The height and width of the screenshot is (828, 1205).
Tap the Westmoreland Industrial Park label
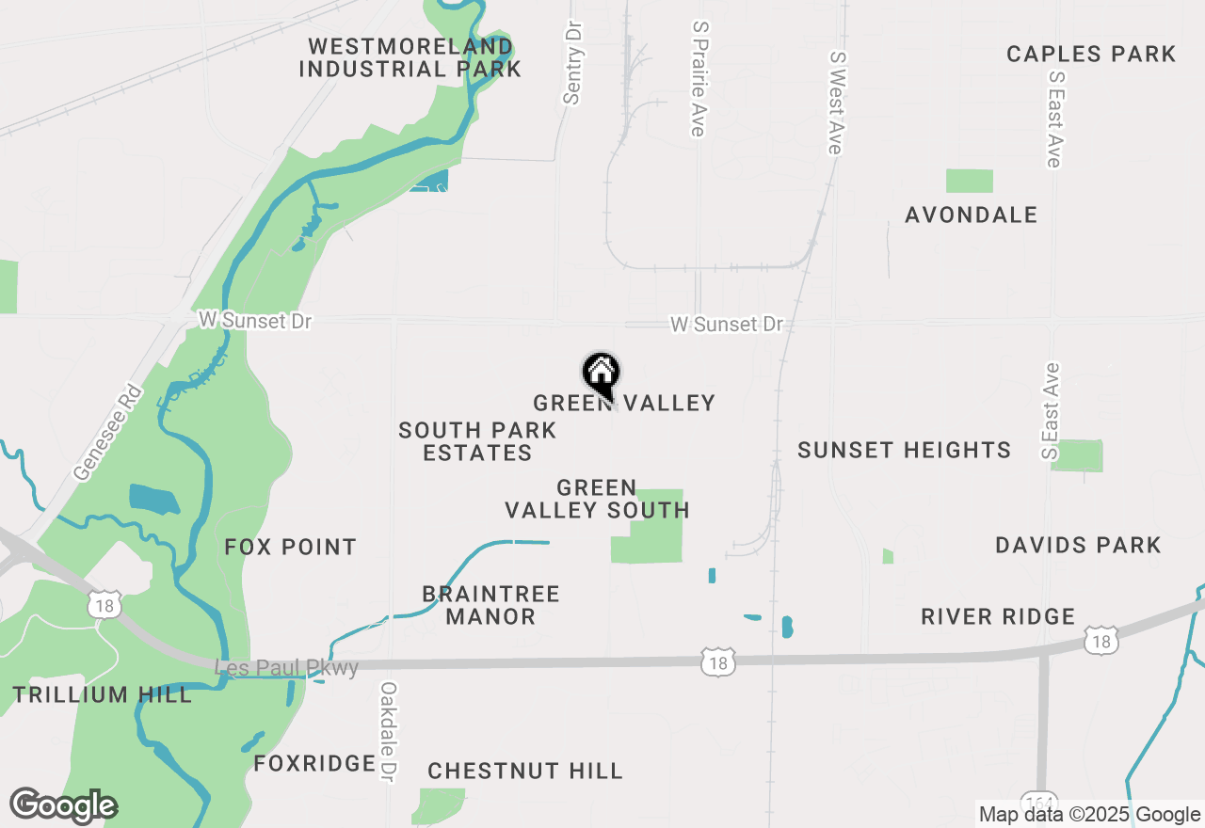(410, 57)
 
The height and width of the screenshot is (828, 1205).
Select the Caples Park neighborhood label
(1091, 54)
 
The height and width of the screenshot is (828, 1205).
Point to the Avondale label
(971, 215)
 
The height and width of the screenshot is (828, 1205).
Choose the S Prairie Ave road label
(698, 79)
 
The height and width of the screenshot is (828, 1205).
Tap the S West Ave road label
(835, 102)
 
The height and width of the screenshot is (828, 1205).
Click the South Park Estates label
(477, 441)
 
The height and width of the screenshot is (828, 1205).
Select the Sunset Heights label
(904, 451)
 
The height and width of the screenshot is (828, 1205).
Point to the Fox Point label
(291, 547)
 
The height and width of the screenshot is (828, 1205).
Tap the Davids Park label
(1078, 545)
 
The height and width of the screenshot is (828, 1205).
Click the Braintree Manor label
(490, 605)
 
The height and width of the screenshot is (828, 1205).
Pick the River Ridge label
(998, 617)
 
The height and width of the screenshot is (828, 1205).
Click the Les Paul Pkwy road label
(287, 668)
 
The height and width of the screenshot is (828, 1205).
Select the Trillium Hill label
(103, 695)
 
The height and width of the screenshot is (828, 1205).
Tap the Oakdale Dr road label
(387, 732)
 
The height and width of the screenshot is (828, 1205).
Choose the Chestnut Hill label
(525, 772)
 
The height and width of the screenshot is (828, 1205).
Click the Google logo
(63, 805)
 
